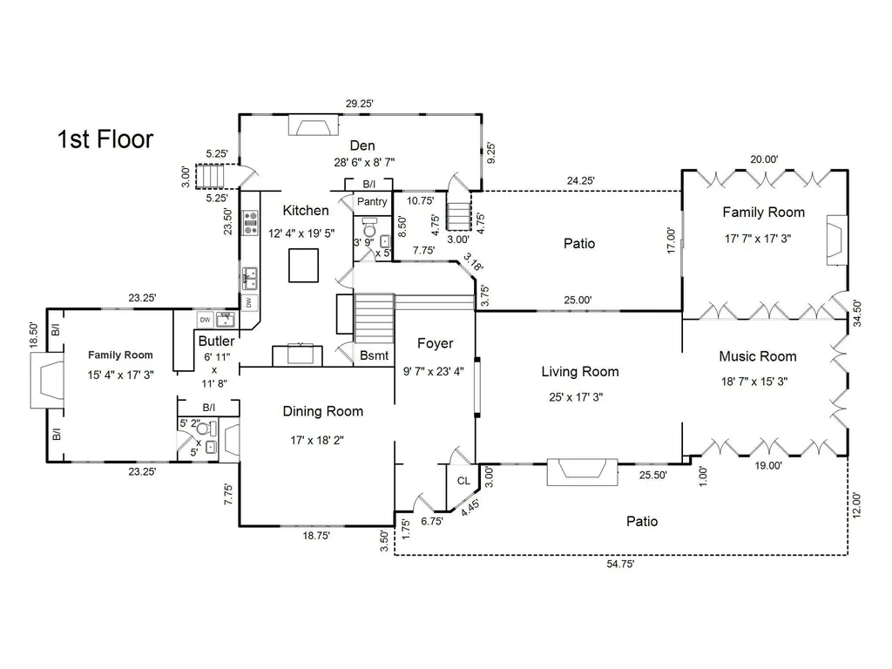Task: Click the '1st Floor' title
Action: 105,139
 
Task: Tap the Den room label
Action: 362,145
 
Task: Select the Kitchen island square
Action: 303,266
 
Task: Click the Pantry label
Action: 372,201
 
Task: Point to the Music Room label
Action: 758,356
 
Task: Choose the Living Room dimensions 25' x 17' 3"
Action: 576,397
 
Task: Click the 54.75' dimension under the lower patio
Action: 620,564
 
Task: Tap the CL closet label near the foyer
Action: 463,481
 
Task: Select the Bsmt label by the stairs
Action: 375,355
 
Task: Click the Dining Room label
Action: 323,411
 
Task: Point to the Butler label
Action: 217,341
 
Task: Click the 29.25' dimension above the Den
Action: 360,104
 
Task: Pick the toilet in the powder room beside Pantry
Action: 369,228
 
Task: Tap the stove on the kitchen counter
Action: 250,223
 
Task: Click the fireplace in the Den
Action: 314,125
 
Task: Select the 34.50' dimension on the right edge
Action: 857,313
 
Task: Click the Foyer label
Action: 436,343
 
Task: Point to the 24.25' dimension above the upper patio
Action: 581,180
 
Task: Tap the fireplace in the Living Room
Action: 583,472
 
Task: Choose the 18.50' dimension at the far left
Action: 34,335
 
